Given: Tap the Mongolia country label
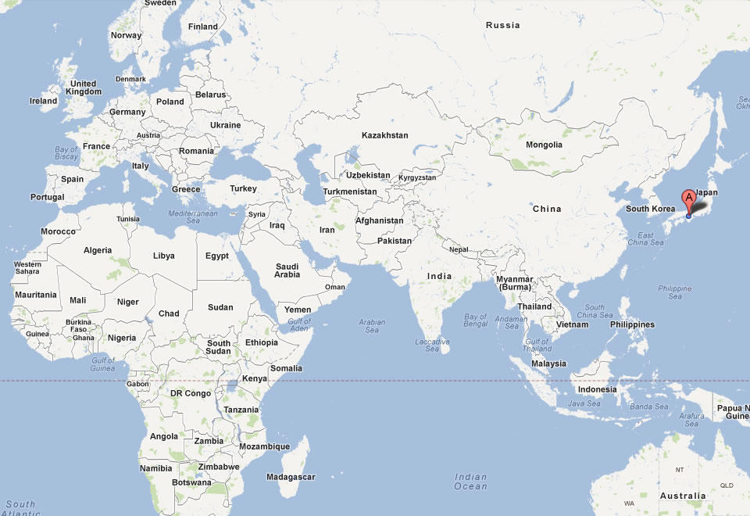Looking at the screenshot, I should tap(544, 145).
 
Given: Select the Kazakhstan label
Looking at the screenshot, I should tap(384, 135).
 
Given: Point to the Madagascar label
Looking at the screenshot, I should tap(291, 477).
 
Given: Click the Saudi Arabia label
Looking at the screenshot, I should tap(287, 271).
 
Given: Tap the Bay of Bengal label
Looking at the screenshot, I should tap(476, 320).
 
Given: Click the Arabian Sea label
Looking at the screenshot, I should tap(373, 325).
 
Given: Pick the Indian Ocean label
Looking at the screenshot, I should tap(470, 482).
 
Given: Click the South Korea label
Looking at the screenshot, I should tap(650, 209).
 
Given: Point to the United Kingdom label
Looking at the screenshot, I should tap(84, 88).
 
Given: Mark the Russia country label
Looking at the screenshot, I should tap(502, 25).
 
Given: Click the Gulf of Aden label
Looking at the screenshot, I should tap(299, 325).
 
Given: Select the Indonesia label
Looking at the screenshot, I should tap(597, 389).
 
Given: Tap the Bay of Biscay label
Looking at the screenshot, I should tap(66, 152).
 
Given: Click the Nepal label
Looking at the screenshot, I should tap(459, 249).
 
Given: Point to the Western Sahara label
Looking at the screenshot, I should tap(27, 267).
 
